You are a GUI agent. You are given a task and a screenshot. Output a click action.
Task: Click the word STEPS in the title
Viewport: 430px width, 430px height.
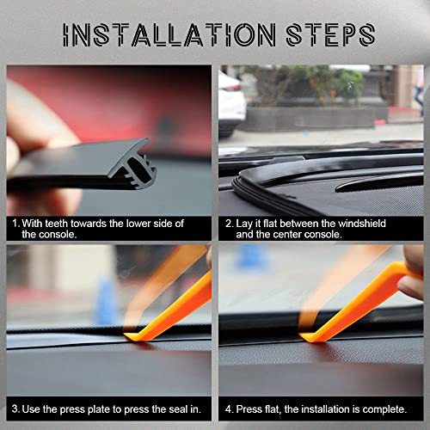[324, 34]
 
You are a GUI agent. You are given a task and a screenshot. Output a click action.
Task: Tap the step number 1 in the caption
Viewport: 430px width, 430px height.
[15, 223]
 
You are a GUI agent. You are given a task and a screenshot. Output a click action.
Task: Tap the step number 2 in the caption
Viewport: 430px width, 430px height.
[228, 223]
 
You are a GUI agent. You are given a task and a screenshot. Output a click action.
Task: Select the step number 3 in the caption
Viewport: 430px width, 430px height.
[15, 406]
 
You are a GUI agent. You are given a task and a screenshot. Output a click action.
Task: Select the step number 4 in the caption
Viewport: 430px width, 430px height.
[228, 406]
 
